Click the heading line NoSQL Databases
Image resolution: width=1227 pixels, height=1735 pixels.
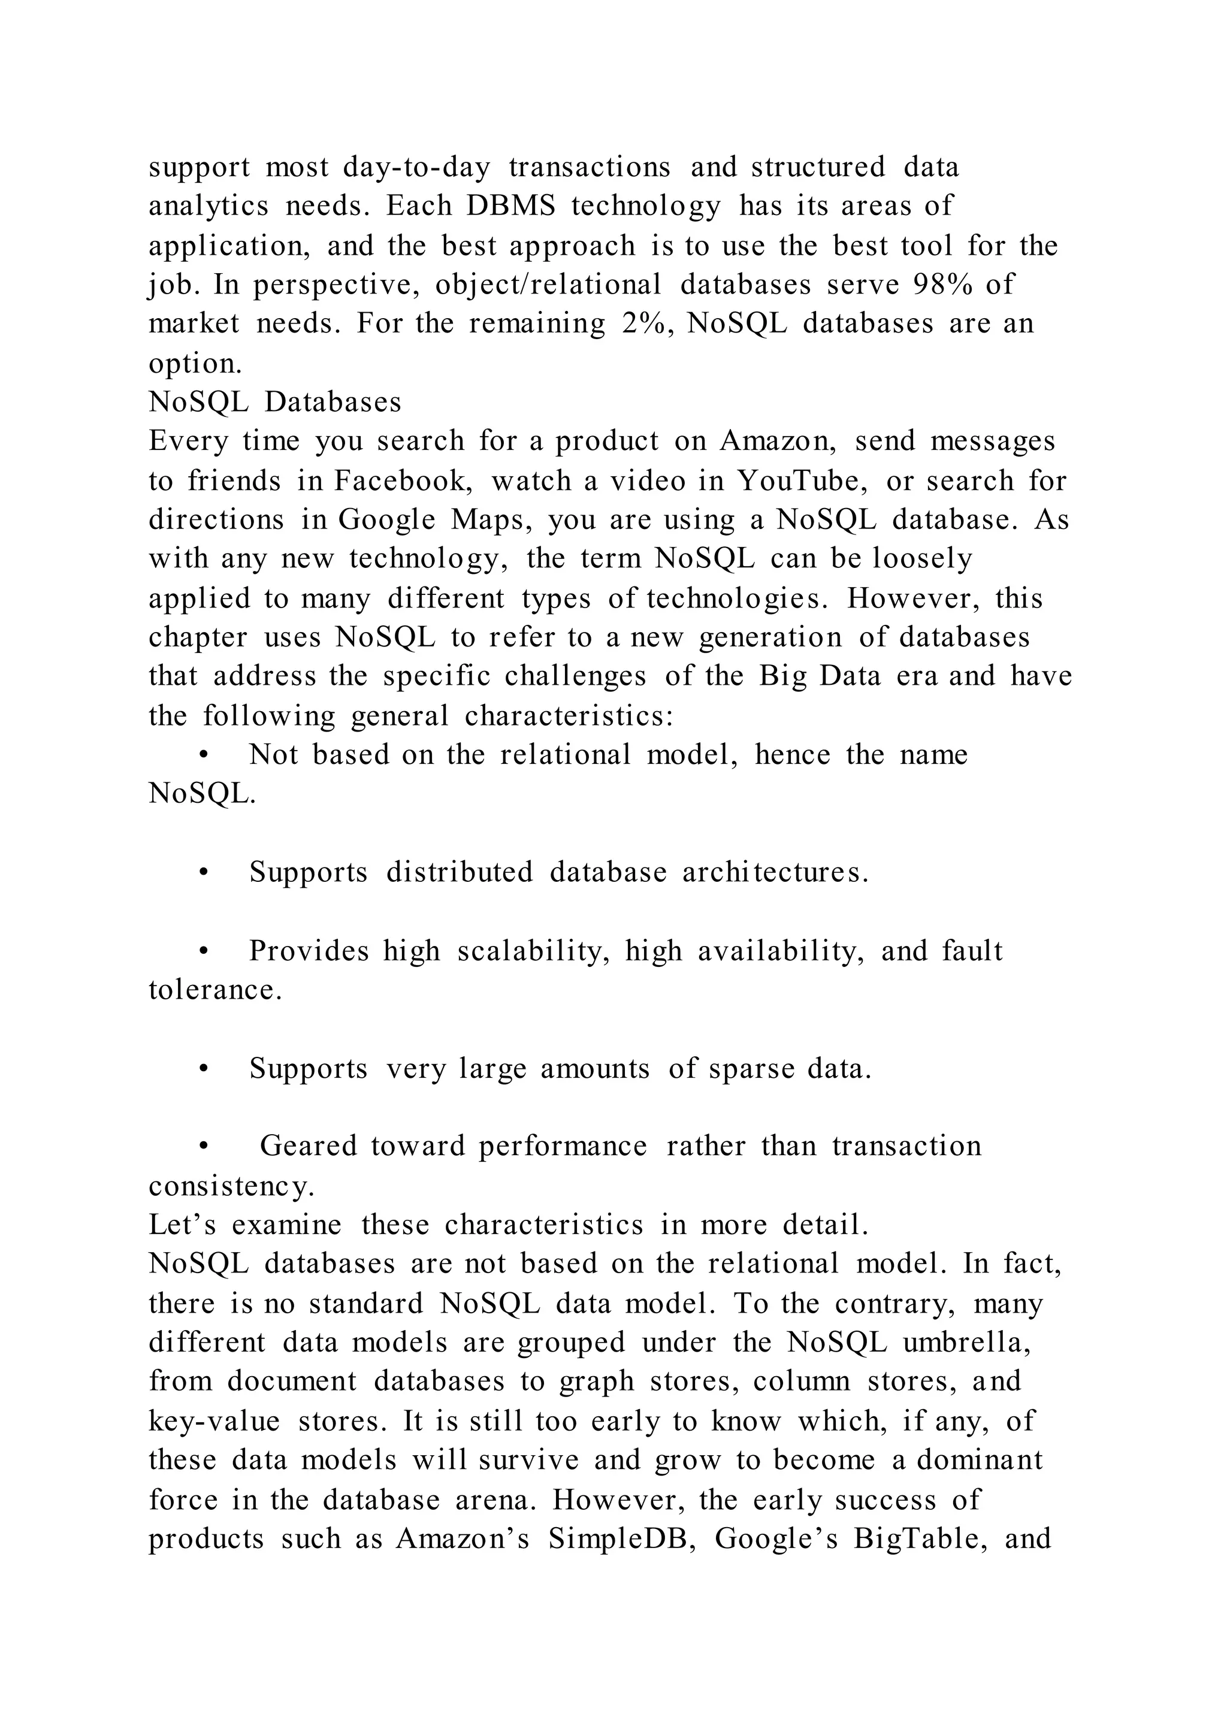pyautogui.click(x=275, y=402)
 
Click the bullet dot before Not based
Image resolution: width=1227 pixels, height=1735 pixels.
pyautogui.click(x=203, y=755)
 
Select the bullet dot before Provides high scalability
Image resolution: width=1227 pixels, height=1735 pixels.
pyautogui.click(x=203, y=951)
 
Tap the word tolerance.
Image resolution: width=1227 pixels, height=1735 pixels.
pyautogui.click(x=215, y=990)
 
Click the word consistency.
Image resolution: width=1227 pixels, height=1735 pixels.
pyautogui.click(x=231, y=1186)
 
